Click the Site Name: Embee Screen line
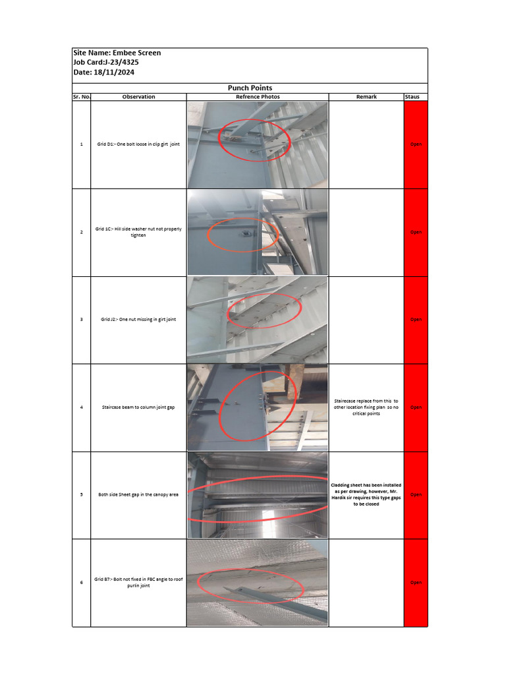click(x=117, y=53)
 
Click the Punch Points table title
click(x=250, y=88)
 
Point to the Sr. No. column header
click(x=82, y=97)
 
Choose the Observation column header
click(x=138, y=97)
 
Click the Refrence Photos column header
click(x=258, y=97)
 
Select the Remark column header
click(x=366, y=97)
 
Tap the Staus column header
click(x=416, y=97)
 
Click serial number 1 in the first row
click(x=82, y=144)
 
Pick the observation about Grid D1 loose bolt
click(x=138, y=144)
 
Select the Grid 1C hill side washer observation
click(x=138, y=232)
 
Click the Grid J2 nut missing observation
click(x=138, y=320)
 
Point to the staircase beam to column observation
click(x=138, y=407)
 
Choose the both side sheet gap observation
click(x=138, y=494)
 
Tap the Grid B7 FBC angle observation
click(x=138, y=582)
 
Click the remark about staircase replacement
click(x=366, y=407)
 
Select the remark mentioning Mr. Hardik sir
click(x=366, y=494)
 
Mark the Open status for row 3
click(x=416, y=320)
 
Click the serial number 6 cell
click(x=82, y=583)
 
